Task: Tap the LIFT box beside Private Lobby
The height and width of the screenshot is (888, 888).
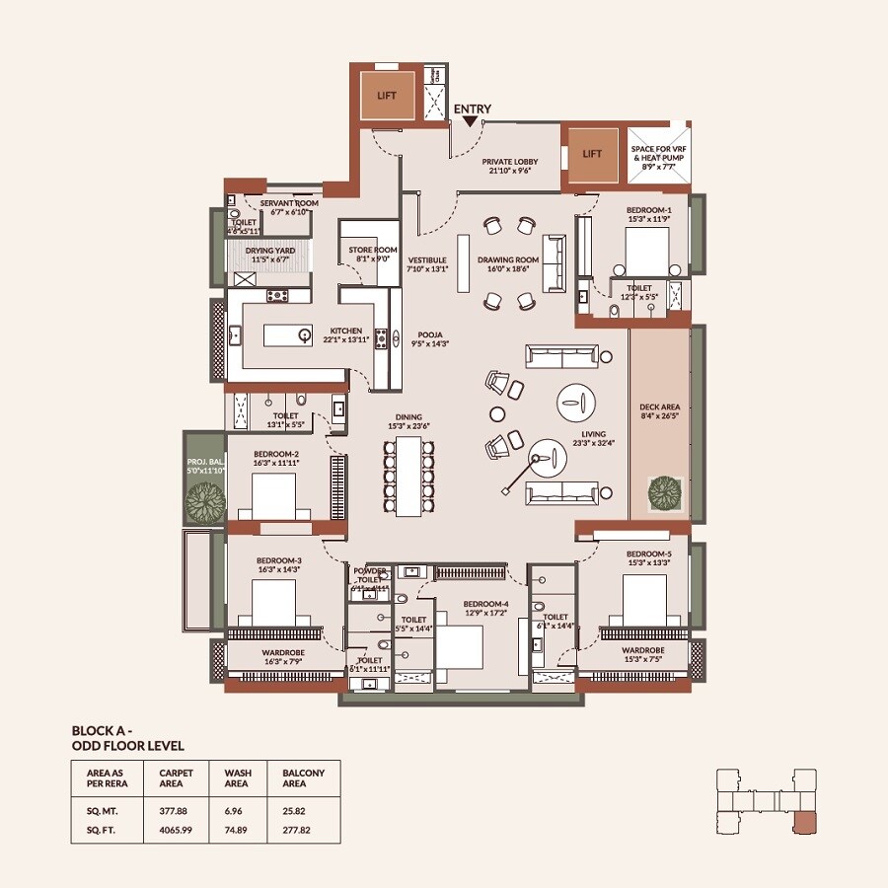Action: (592, 155)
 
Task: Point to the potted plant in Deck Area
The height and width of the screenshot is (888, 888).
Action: (663, 490)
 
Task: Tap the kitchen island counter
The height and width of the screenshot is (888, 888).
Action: (287, 336)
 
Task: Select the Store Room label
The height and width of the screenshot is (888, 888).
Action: (372, 255)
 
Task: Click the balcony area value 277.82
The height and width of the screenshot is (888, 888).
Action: (296, 833)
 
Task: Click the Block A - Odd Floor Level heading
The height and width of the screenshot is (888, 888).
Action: (127, 738)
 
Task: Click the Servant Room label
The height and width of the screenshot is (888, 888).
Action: (289, 206)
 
